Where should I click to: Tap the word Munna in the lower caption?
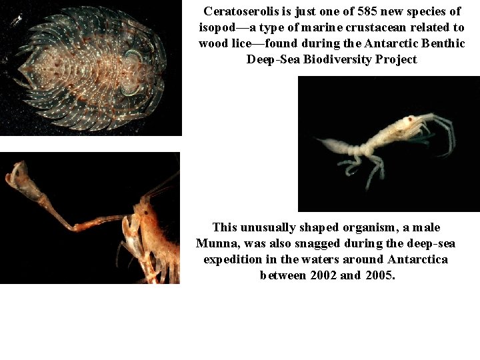(x=219, y=243)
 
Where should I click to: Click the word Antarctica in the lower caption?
(x=417, y=259)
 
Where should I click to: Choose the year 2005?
(x=380, y=275)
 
